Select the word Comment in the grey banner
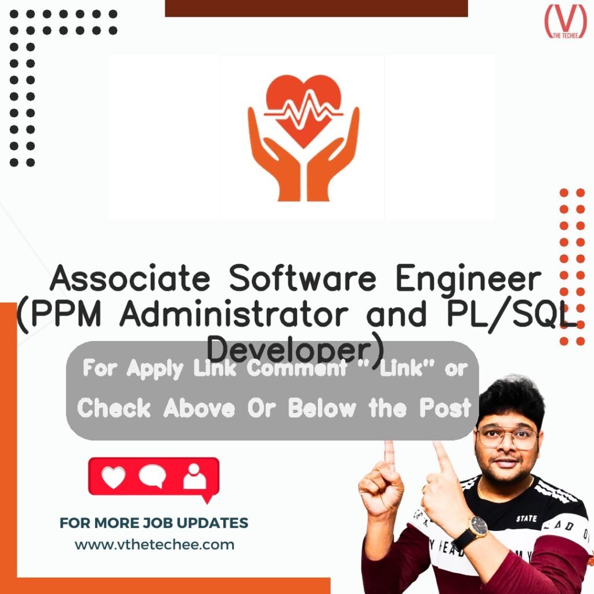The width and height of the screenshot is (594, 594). (296, 369)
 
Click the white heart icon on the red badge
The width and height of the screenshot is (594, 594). (113, 476)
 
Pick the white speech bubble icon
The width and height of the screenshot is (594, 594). (153, 476)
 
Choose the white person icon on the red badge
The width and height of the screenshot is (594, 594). (194, 476)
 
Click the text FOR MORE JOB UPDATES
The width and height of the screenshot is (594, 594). (154, 523)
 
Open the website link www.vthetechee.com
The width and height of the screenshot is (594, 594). (154, 545)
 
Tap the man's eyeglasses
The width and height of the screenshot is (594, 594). (507, 437)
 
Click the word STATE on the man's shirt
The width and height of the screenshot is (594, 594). (526, 518)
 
